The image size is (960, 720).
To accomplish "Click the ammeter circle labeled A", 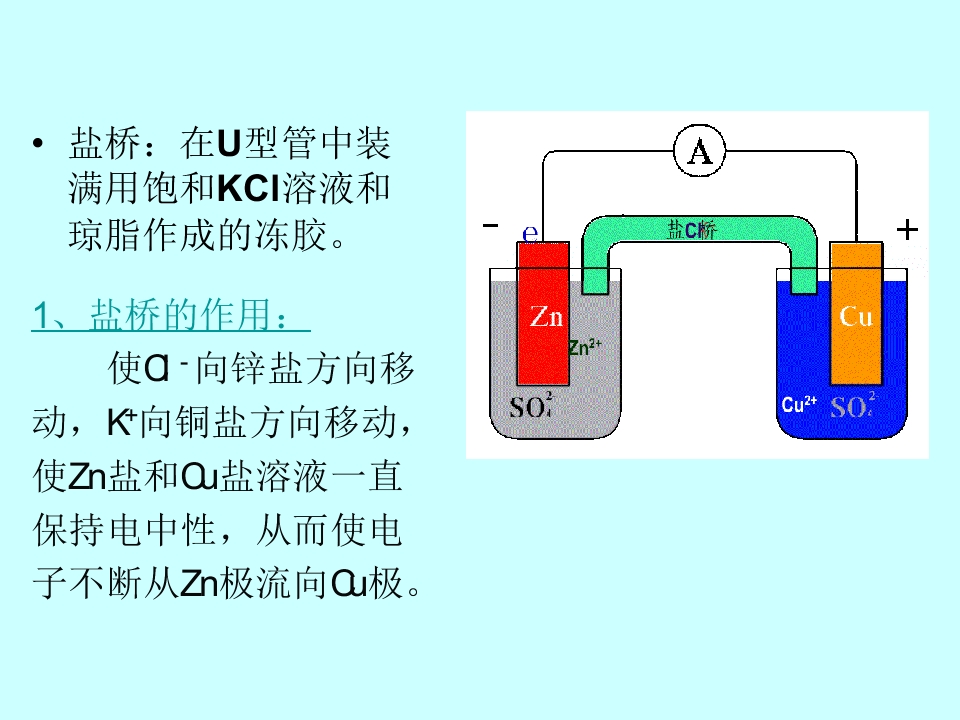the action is (699, 151).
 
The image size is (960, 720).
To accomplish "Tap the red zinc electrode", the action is (543, 313).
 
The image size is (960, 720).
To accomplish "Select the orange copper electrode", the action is (856, 313).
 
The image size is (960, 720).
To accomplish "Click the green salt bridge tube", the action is (699, 230).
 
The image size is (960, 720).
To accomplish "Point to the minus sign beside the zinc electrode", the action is (490, 225).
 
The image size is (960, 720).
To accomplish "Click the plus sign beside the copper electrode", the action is (907, 230).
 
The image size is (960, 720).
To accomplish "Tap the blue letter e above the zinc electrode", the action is (530, 233).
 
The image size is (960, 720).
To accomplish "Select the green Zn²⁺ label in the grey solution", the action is (585, 347).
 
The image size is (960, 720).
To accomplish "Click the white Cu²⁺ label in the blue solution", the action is (799, 404).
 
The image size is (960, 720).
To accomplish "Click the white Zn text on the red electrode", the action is (546, 317).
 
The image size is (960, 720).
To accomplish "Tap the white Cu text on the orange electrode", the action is (856, 316).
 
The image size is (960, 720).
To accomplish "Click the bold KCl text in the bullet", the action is (248, 188).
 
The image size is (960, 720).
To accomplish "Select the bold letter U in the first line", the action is (228, 143).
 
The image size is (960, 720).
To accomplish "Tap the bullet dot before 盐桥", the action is (38, 144).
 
